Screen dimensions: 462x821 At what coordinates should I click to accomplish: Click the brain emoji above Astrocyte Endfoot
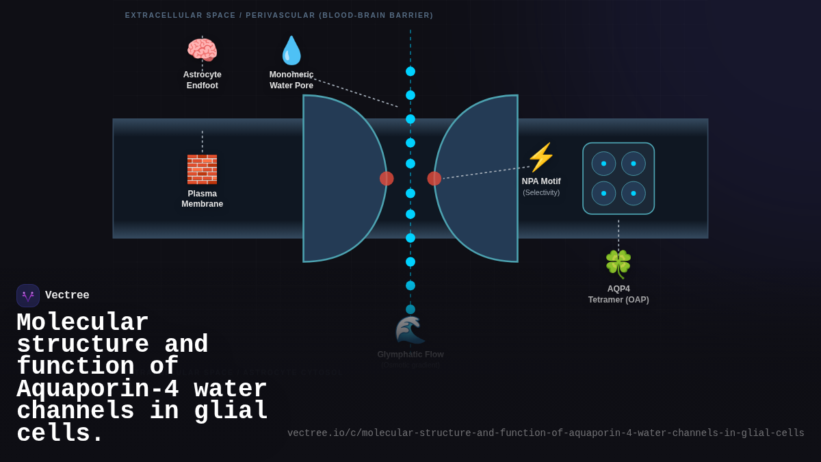(x=202, y=50)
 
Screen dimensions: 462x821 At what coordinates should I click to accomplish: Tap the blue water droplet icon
(x=291, y=51)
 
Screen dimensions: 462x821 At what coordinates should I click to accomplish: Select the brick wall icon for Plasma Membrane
(x=202, y=169)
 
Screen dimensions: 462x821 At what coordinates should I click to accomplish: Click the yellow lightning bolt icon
(x=540, y=157)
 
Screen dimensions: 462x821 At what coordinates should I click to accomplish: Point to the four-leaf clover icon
(x=618, y=264)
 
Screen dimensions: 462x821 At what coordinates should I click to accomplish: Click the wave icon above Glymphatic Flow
(x=410, y=331)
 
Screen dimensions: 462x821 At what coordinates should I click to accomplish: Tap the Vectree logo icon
(x=28, y=296)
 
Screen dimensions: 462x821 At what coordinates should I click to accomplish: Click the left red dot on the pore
(x=387, y=179)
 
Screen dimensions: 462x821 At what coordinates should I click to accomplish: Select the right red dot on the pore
(x=434, y=179)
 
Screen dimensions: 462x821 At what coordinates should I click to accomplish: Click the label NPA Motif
(x=541, y=181)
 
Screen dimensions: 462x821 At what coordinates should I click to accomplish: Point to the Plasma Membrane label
(x=202, y=198)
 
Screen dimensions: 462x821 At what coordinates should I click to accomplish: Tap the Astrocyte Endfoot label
(x=202, y=80)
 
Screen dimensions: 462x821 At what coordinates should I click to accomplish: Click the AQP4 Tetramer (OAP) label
(x=618, y=294)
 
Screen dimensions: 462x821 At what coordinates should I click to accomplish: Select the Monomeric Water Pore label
(x=291, y=80)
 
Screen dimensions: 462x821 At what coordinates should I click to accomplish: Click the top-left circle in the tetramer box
(x=603, y=164)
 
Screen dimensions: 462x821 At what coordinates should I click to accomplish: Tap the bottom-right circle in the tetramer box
(x=634, y=193)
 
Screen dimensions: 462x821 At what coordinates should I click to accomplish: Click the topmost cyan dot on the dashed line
(x=410, y=71)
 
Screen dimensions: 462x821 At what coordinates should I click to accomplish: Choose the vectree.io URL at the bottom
(x=545, y=433)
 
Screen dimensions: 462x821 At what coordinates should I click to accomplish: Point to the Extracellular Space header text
(x=279, y=15)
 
